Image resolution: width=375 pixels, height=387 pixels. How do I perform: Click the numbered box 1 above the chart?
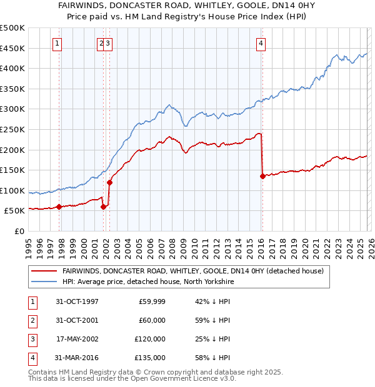pyautogui.click(x=57, y=44)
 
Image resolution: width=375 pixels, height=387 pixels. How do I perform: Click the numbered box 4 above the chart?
pyautogui.click(x=261, y=44)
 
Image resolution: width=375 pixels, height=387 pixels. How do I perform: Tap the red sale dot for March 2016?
pyautogui.click(x=262, y=176)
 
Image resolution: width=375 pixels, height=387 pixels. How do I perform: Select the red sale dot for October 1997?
pyautogui.click(x=59, y=207)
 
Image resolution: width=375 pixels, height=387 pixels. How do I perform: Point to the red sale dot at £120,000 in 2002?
pyautogui.click(x=109, y=182)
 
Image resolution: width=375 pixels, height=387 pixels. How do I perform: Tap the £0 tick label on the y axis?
pyautogui.click(x=20, y=231)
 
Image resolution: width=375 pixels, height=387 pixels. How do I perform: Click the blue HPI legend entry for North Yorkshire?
pyautogui.click(x=147, y=282)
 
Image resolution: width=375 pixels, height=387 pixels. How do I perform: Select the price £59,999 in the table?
pyautogui.click(x=152, y=301)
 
